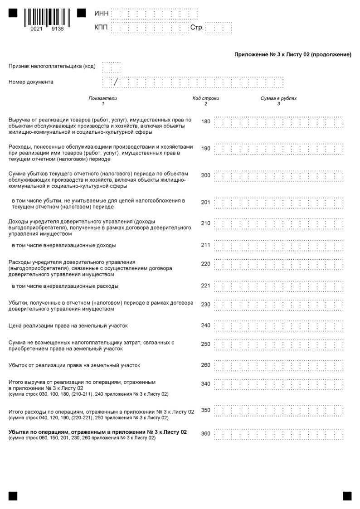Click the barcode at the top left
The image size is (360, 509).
click(47, 18)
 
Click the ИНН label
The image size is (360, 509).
click(101, 14)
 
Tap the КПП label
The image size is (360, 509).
click(101, 28)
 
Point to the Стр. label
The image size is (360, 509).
click(196, 28)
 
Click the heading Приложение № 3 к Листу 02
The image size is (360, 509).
click(293, 55)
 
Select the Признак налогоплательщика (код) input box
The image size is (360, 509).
click(112, 67)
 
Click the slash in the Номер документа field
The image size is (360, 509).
click(116, 82)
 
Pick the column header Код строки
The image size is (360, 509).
click(205, 98)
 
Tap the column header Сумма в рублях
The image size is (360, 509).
click(278, 98)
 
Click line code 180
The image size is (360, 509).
click(205, 121)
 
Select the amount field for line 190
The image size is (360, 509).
click(278, 149)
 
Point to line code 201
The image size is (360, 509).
click(205, 202)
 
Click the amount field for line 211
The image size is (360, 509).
click(278, 246)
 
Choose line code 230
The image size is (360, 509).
click(205, 305)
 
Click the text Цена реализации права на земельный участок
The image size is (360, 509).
click(68, 325)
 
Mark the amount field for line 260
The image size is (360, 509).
click(278, 365)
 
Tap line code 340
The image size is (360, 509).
click(205, 384)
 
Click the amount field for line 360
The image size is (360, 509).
click(278, 434)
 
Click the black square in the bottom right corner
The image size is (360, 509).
click(347, 496)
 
